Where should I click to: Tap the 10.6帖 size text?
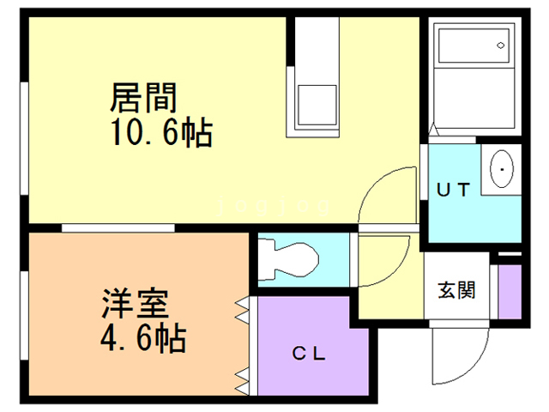pyautogui.click(x=160, y=133)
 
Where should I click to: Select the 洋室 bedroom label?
pyautogui.click(x=133, y=305)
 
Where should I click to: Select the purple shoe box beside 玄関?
pyautogui.click(x=510, y=290)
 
